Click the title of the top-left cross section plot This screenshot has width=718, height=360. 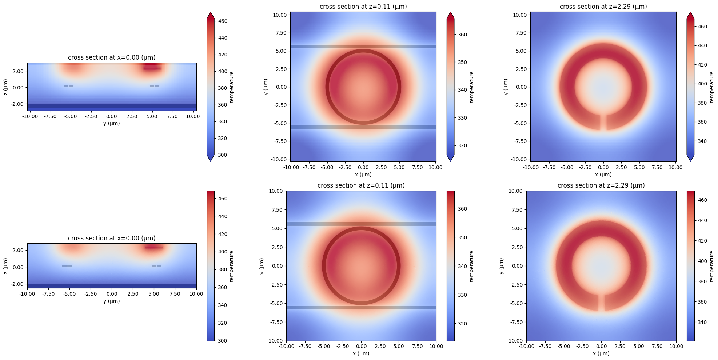[112, 57]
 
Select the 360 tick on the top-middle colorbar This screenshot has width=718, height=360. [462, 35]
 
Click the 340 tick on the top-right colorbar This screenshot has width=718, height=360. [702, 141]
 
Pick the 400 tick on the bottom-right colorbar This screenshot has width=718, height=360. [702, 261]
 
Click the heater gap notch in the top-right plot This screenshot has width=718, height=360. [603, 122]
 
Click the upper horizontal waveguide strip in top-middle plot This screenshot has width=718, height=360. [363, 47]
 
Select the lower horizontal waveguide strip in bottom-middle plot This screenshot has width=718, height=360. [361, 308]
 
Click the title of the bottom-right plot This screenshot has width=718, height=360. [601, 185]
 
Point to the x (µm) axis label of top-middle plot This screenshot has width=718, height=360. [363, 175]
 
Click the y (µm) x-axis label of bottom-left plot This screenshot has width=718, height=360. [112, 301]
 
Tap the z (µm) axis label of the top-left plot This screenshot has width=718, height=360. [6, 87]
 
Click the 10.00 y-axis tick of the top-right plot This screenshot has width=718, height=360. [520, 15]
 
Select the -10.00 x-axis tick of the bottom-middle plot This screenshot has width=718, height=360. [286, 346]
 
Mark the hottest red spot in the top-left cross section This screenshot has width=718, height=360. [152, 68]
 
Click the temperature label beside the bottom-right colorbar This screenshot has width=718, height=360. [712, 266]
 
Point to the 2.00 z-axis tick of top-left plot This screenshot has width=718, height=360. [18, 71]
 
